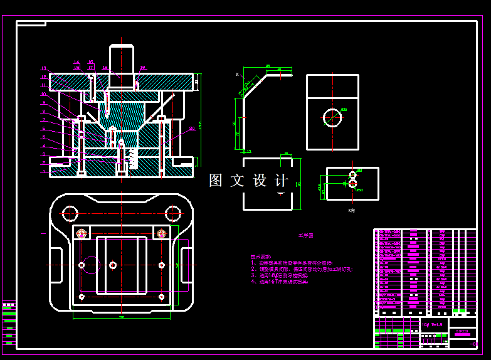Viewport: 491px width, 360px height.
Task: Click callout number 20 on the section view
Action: [192, 128]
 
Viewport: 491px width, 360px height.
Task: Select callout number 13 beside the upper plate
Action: [143, 68]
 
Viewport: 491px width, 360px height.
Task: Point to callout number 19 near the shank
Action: [105, 68]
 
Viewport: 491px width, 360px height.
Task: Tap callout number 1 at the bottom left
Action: [44, 171]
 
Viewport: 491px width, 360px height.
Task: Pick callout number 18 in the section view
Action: [44, 77]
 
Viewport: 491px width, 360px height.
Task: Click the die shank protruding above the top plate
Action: [122, 59]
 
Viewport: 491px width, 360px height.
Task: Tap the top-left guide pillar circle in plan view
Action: [70, 213]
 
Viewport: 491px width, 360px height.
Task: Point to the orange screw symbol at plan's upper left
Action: [81, 234]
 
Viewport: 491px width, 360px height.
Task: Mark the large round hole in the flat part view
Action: [332, 117]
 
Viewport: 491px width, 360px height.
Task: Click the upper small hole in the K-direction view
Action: [352, 174]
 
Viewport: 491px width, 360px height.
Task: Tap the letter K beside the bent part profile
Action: [238, 75]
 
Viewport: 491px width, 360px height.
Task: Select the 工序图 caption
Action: [305, 236]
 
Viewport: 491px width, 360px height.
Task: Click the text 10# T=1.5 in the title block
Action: [433, 324]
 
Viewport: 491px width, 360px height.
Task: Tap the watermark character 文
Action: [236, 181]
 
